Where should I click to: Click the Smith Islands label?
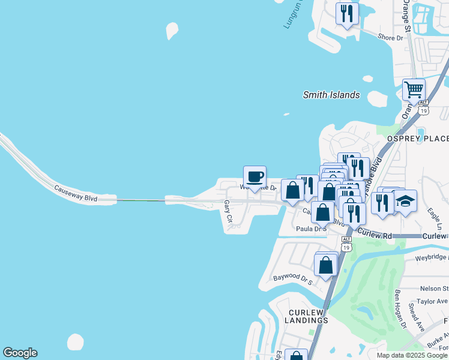[331, 95]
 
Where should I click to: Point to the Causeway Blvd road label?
[76, 192]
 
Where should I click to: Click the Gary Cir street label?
[228, 212]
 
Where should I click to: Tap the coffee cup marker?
[255, 177]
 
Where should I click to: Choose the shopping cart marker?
[414, 90]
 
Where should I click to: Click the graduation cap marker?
[406, 201]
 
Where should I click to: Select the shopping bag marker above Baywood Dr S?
[325, 265]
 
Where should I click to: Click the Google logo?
[20, 353]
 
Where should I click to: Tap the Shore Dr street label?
[391, 38]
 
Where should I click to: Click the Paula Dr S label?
[311, 229]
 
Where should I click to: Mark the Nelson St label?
[436, 289]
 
